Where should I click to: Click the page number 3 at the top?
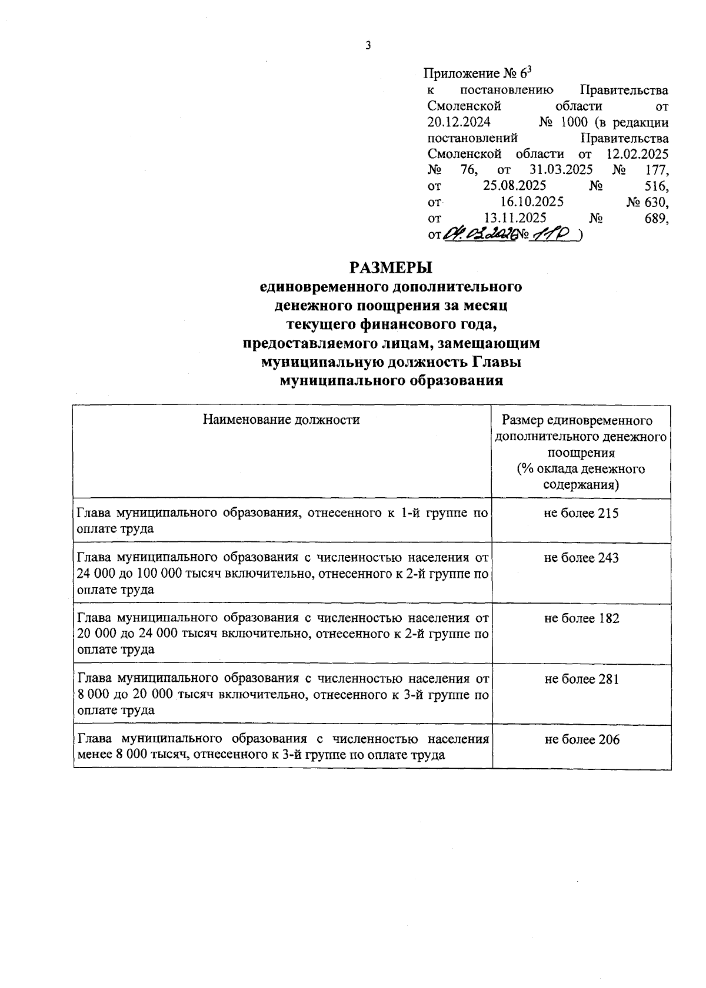[x=368, y=46]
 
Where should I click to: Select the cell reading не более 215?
[x=581, y=513]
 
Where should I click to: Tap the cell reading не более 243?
[x=581, y=558]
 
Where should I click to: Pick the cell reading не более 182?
[x=581, y=618]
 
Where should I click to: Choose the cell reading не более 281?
[x=581, y=679]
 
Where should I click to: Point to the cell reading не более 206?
[x=581, y=740]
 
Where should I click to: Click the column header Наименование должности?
[x=281, y=420]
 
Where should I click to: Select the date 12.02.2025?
[x=637, y=154]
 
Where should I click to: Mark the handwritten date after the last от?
[x=479, y=235]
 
